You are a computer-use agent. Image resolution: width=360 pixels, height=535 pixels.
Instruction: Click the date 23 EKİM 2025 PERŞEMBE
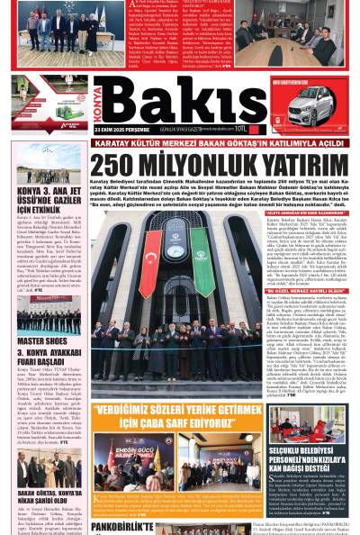pyautogui.click(x=121, y=131)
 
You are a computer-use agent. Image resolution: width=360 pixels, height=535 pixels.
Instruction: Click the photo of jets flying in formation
pyautogui.click(x=42, y=161)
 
